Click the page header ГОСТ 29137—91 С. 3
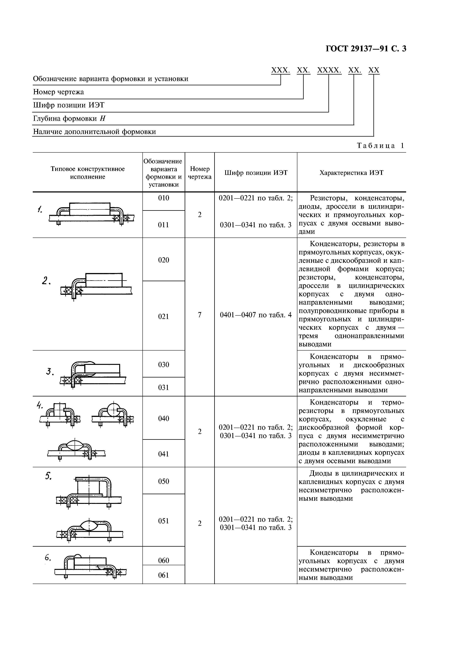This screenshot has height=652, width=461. pyautogui.click(x=366, y=49)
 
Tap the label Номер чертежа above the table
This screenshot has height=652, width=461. pyautogui.click(x=59, y=92)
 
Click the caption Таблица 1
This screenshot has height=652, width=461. pyautogui.click(x=380, y=146)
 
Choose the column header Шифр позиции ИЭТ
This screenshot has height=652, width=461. pyautogui.click(x=256, y=173)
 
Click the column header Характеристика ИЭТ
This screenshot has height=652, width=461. pyautogui.click(x=351, y=173)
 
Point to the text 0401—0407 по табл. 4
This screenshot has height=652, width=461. pyautogui.click(x=256, y=315)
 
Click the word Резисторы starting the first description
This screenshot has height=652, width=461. pyautogui.click(x=326, y=198)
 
